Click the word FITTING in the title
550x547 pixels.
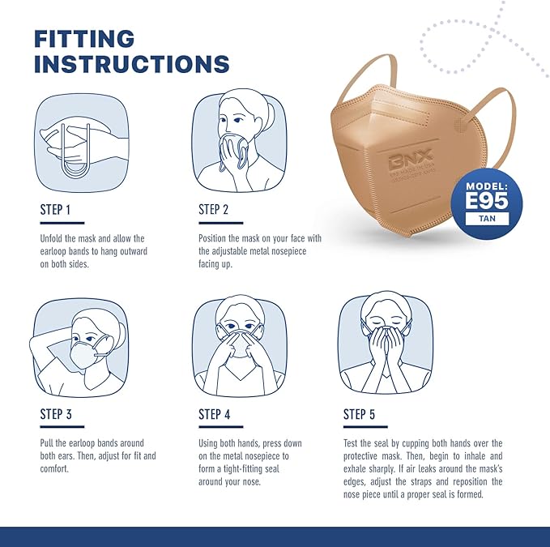click(x=84, y=38)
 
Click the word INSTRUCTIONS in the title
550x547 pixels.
click(x=132, y=65)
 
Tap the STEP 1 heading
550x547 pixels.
click(x=56, y=210)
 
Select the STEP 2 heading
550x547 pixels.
click(x=214, y=210)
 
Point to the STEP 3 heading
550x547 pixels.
click(x=56, y=415)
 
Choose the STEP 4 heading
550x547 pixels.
click(x=215, y=415)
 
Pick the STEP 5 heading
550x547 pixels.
click(x=359, y=415)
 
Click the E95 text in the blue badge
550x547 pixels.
click(x=488, y=199)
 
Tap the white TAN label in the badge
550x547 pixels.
click(x=488, y=218)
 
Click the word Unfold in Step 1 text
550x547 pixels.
click(x=53, y=239)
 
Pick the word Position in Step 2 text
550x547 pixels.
click(x=215, y=239)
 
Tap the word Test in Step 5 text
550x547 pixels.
click(x=352, y=443)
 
